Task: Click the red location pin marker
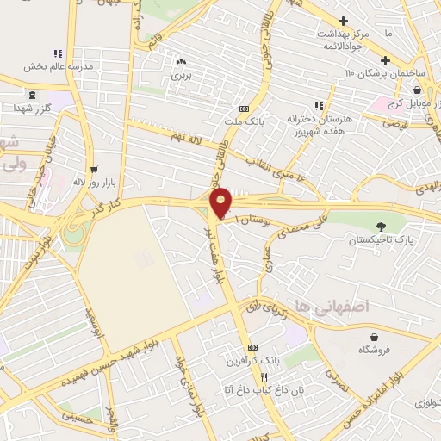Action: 221,203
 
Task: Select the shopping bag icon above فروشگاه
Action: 373,336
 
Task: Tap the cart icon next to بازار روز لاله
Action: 93,169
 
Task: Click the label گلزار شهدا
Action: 33,109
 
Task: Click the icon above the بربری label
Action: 180,62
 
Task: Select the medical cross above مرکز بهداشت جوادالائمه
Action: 345,21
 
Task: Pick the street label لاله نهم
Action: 184,138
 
